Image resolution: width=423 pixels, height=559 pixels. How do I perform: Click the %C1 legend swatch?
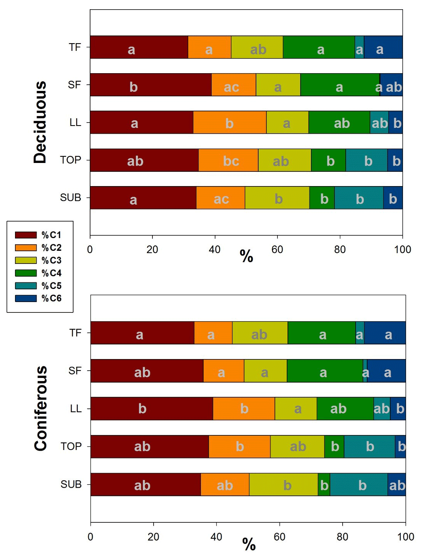coord(25,235)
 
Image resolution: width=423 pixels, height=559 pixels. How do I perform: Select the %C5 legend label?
coord(52,286)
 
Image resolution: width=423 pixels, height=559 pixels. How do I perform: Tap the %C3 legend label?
coord(52,260)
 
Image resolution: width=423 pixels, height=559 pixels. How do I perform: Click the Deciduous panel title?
coord(40,122)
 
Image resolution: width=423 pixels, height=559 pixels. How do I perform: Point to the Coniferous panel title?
coord(40,408)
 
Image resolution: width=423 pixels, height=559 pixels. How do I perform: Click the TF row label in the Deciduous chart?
coord(75,47)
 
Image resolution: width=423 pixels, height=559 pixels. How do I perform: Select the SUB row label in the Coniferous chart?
coord(71,484)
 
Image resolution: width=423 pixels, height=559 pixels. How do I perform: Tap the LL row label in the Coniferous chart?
coord(76,408)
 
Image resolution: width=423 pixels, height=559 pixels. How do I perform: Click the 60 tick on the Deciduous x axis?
coord(277,250)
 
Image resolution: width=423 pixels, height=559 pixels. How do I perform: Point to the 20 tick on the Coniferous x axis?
coord(154,537)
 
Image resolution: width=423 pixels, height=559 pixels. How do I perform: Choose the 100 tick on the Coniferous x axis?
coord(405,537)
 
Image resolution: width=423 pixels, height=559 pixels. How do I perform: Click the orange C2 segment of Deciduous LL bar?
coord(229,122)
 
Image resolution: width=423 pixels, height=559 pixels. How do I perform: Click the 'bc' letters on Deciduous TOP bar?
coord(231,161)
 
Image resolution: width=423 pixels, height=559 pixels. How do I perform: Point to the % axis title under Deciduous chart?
coord(246,256)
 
